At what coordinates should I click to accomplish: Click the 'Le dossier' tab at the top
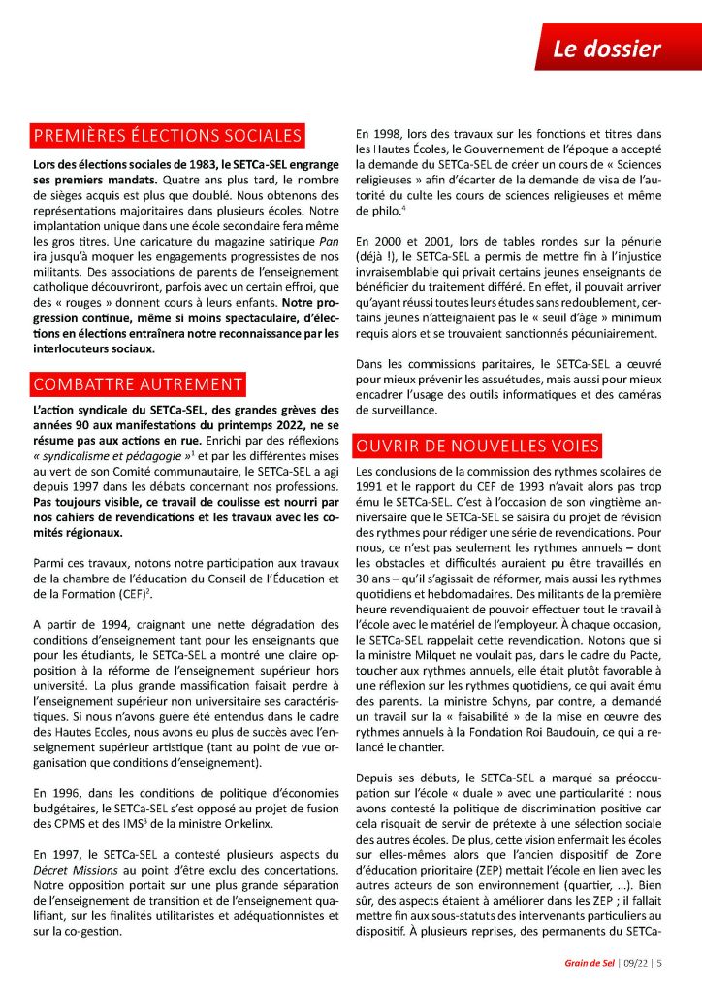[607, 49]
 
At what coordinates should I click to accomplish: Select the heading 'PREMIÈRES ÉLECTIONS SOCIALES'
[168, 135]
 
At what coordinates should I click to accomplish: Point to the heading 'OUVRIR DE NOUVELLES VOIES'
[477, 446]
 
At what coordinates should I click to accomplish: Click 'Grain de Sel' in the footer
[590, 963]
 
